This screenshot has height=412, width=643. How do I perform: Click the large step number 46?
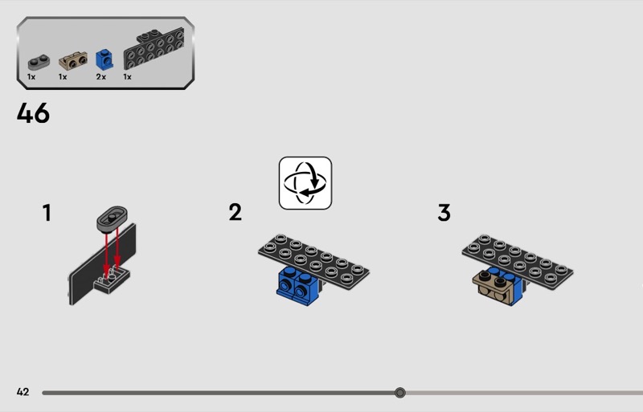click(x=33, y=113)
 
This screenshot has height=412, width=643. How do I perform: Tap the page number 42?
click(x=23, y=392)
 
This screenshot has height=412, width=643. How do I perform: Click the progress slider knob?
click(x=399, y=393)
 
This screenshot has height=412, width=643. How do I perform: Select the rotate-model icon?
click(x=305, y=183)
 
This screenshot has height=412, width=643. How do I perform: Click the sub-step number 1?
click(x=47, y=213)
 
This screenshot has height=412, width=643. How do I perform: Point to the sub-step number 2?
click(x=235, y=212)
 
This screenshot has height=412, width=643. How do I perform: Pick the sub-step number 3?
click(x=444, y=213)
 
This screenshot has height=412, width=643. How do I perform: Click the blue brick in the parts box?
click(x=104, y=59)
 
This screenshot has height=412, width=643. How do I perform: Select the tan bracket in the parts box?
click(x=73, y=61)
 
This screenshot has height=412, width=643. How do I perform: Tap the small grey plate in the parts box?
click(x=39, y=63)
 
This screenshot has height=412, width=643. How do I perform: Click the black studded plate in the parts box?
click(x=154, y=49)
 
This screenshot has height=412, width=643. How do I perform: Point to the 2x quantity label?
click(x=101, y=76)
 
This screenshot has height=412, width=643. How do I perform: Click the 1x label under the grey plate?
click(x=31, y=76)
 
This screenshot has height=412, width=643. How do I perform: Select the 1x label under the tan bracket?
click(x=63, y=76)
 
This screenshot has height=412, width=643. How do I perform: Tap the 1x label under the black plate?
click(x=128, y=76)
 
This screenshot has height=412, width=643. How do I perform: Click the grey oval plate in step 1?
click(x=112, y=219)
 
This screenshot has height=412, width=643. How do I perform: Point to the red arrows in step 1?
click(x=112, y=253)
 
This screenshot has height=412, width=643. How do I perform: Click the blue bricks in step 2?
click(x=297, y=286)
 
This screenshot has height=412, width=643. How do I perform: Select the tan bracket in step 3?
click(x=494, y=288)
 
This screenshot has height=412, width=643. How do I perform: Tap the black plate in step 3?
click(x=518, y=261)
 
